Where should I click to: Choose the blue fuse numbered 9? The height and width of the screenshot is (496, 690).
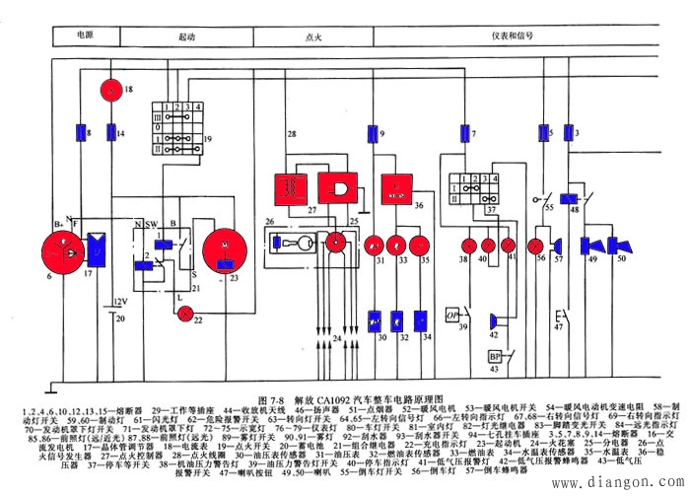coord(370,131)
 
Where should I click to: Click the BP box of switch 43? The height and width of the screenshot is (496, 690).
coord(494,356)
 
